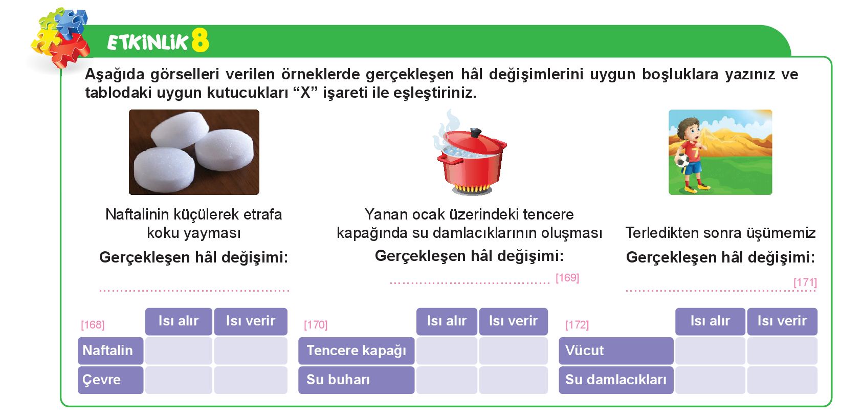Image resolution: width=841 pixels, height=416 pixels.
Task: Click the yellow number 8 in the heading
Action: point(200,40)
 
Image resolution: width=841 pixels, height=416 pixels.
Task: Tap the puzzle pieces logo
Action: point(60,37)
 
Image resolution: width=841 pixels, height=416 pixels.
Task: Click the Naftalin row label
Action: point(110,351)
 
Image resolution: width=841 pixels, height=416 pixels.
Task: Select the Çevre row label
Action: point(110,380)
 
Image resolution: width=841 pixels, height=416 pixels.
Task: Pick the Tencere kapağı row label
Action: point(356,351)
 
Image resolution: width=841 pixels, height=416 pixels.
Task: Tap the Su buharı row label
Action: point(356,380)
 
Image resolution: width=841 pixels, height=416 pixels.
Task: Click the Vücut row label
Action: point(616,351)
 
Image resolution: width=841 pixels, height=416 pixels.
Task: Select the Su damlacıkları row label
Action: point(616,380)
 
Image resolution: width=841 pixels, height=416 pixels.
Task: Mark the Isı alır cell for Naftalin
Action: point(179,351)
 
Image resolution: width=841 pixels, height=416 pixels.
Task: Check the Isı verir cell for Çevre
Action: point(251,380)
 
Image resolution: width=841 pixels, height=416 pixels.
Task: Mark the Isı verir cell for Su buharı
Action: point(513,380)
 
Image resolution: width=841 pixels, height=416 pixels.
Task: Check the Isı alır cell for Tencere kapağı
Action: point(447,351)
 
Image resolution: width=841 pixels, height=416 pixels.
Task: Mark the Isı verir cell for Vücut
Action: point(782,351)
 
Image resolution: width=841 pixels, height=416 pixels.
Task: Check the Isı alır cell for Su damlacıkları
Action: point(710,380)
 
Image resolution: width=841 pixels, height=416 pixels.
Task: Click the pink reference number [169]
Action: point(567,278)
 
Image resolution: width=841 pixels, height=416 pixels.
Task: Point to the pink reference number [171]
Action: point(805,282)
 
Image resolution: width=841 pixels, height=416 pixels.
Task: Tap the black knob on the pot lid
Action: point(475,133)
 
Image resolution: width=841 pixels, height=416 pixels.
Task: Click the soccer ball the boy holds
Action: point(682,161)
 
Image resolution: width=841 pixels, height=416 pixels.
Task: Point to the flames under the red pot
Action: point(472,188)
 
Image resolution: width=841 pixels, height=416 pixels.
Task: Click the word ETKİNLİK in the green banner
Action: point(147,42)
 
